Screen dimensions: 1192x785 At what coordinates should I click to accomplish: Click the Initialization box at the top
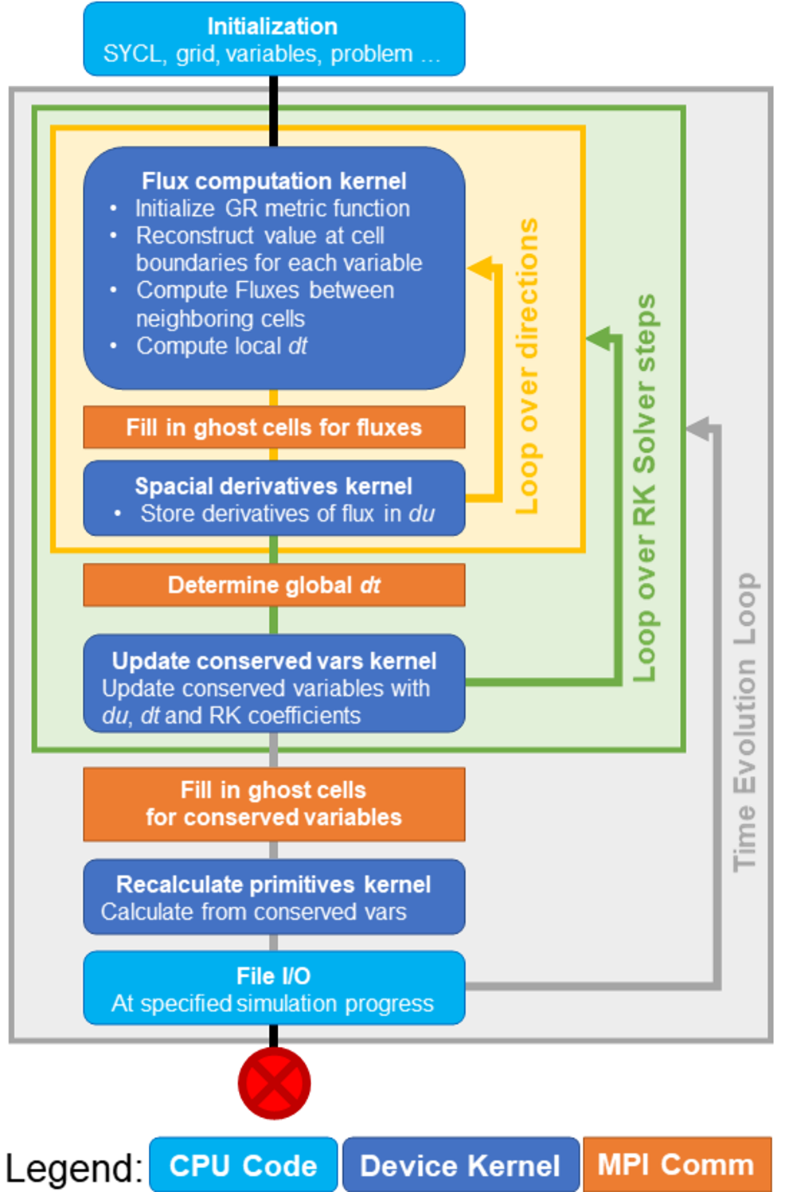coord(274,40)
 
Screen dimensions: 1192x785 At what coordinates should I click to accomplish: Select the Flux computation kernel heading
coord(274,182)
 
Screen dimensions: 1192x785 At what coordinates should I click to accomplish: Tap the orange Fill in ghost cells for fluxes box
coord(274,428)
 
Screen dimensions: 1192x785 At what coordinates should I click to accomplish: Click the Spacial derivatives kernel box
coord(274,498)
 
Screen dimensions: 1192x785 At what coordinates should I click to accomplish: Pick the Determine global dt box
coord(274,585)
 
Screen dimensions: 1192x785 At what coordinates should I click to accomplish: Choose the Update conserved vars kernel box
coord(274,683)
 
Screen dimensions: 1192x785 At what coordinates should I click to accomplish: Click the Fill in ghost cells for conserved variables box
coord(274,804)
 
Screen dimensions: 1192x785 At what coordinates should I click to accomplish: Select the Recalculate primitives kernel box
coord(274,897)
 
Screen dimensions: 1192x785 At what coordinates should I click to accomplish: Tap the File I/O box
coord(274,988)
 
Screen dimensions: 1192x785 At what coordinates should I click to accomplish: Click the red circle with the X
coord(274,1084)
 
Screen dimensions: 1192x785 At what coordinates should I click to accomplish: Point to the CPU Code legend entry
coord(244,1166)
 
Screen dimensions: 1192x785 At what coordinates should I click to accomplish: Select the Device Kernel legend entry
coord(460,1166)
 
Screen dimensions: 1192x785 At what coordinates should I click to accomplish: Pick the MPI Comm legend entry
coord(676,1165)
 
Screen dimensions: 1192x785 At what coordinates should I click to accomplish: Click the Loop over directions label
coord(527,366)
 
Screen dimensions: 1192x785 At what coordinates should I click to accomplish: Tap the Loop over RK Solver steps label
coord(644,487)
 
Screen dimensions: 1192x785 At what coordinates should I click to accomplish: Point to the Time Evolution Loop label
coord(745,721)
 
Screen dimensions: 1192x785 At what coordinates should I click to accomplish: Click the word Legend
coord(73,1168)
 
